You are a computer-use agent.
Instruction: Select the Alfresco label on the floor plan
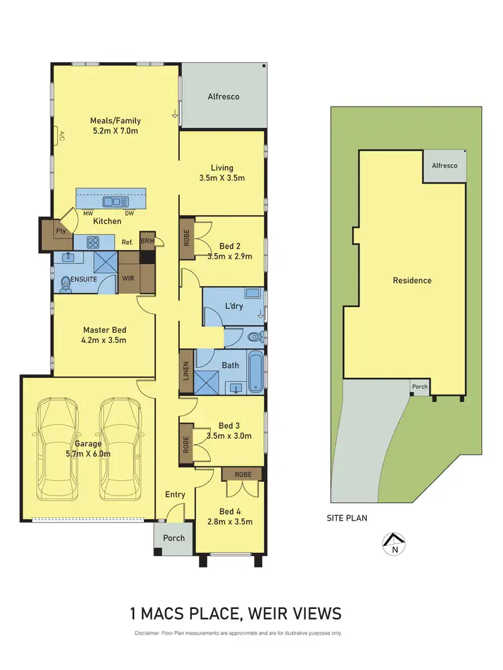(223, 96)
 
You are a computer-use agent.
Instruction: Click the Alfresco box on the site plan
(444, 165)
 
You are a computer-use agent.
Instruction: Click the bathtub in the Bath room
(256, 372)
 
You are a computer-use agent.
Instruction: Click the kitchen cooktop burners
(92, 243)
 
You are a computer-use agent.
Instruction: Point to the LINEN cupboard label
(186, 372)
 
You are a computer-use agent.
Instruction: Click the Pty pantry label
(61, 231)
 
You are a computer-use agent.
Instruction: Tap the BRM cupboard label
(148, 241)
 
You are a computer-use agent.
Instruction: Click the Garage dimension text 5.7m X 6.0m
(89, 454)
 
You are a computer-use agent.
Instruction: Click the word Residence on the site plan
(412, 280)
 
